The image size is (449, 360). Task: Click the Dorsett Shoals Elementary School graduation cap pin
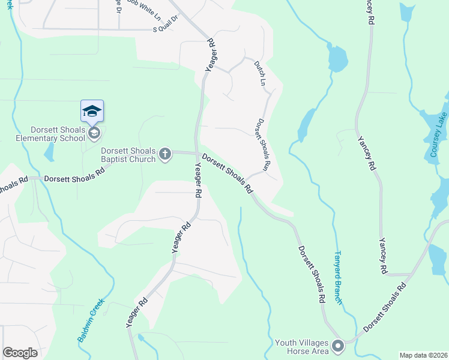pyautogui.click(x=92, y=111)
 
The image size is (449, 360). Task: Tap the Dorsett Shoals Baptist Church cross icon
pyautogui.click(x=165, y=155)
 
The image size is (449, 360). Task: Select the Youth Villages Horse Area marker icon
pyautogui.click(x=338, y=346)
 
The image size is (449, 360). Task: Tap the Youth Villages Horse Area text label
pyautogui.click(x=301, y=347)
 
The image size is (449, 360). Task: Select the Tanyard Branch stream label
pyautogui.click(x=339, y=277)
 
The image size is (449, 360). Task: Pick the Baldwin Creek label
pyautogui.click(x=91, y=320)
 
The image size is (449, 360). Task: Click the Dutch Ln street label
pyautogui.click(x=259, y=73)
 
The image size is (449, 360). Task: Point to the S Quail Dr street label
pyautogui.click(x=167, y=28)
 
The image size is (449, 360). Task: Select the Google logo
pyautogui.click(x=20, y=353)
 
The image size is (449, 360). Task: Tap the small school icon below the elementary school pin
pyautogui.click(x=94, y=133)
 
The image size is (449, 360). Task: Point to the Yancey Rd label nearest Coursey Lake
pyautogui.click(x=367, y=155)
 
